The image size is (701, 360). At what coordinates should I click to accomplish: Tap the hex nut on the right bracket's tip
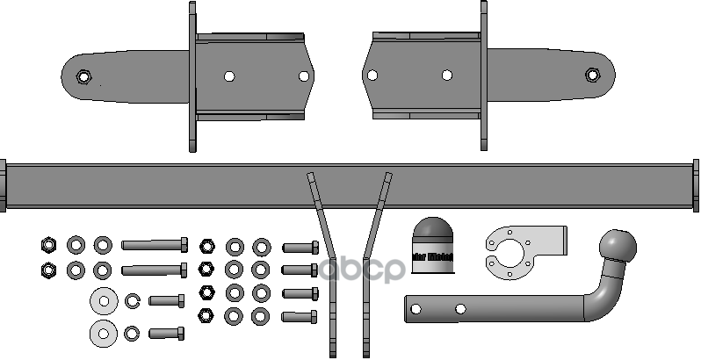pos(593,75)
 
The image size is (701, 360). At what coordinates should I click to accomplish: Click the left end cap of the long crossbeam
pos(4,184)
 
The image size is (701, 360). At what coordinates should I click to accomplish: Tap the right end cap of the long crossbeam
pos(697,184)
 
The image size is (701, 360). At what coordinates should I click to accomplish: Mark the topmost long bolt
pos(155,245)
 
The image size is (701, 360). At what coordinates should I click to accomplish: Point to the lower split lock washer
pos(134,333)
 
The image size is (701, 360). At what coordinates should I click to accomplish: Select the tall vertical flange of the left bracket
pos(192,76)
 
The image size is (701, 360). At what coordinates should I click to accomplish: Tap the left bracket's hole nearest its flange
pos(228,76)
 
